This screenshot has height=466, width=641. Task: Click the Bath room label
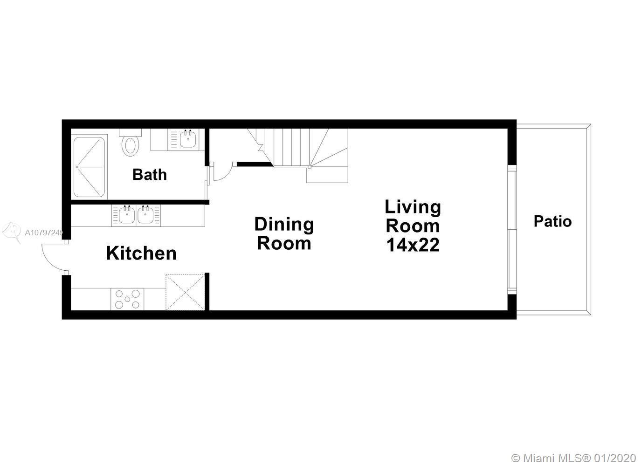(149, 174)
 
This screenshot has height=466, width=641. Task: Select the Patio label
(552, 221)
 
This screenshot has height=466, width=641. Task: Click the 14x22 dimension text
(413, 245)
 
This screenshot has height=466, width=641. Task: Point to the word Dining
(284, 225)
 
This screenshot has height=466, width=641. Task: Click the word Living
(413, 207)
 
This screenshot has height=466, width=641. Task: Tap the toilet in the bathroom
(131, 143)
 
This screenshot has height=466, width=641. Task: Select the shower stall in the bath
(90, 167)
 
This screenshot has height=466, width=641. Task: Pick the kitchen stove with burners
(127, 299)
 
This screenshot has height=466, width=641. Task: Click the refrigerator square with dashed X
(185, 292)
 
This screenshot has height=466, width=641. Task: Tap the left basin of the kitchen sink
(127, 214)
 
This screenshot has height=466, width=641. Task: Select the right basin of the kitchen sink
(145, 214)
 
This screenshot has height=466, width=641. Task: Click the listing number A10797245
(44, 233)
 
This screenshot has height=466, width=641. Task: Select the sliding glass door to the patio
(512, 229)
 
